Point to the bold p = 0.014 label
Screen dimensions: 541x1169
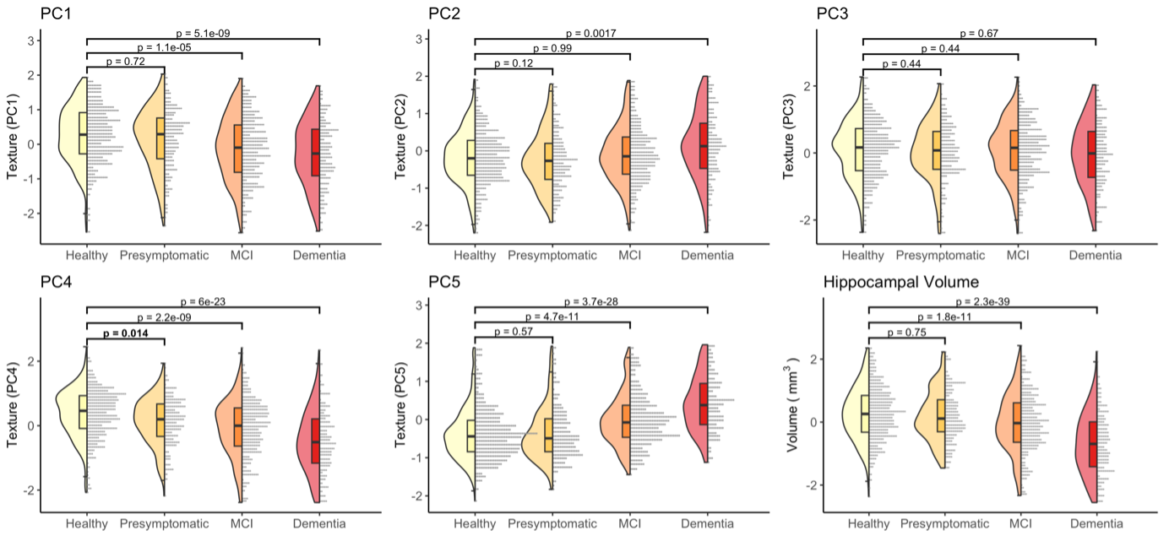[x=125, y=334]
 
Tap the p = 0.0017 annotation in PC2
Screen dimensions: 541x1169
[x=590, y=33]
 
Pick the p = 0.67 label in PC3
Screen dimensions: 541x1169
[x=979, y=33]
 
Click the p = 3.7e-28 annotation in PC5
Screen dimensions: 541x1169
[x=591, y=302]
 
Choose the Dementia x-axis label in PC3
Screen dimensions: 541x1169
[x=1095, y=255]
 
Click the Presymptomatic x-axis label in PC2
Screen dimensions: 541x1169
[x=552, y=255]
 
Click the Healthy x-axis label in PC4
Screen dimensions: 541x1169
[x=87, y=524]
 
